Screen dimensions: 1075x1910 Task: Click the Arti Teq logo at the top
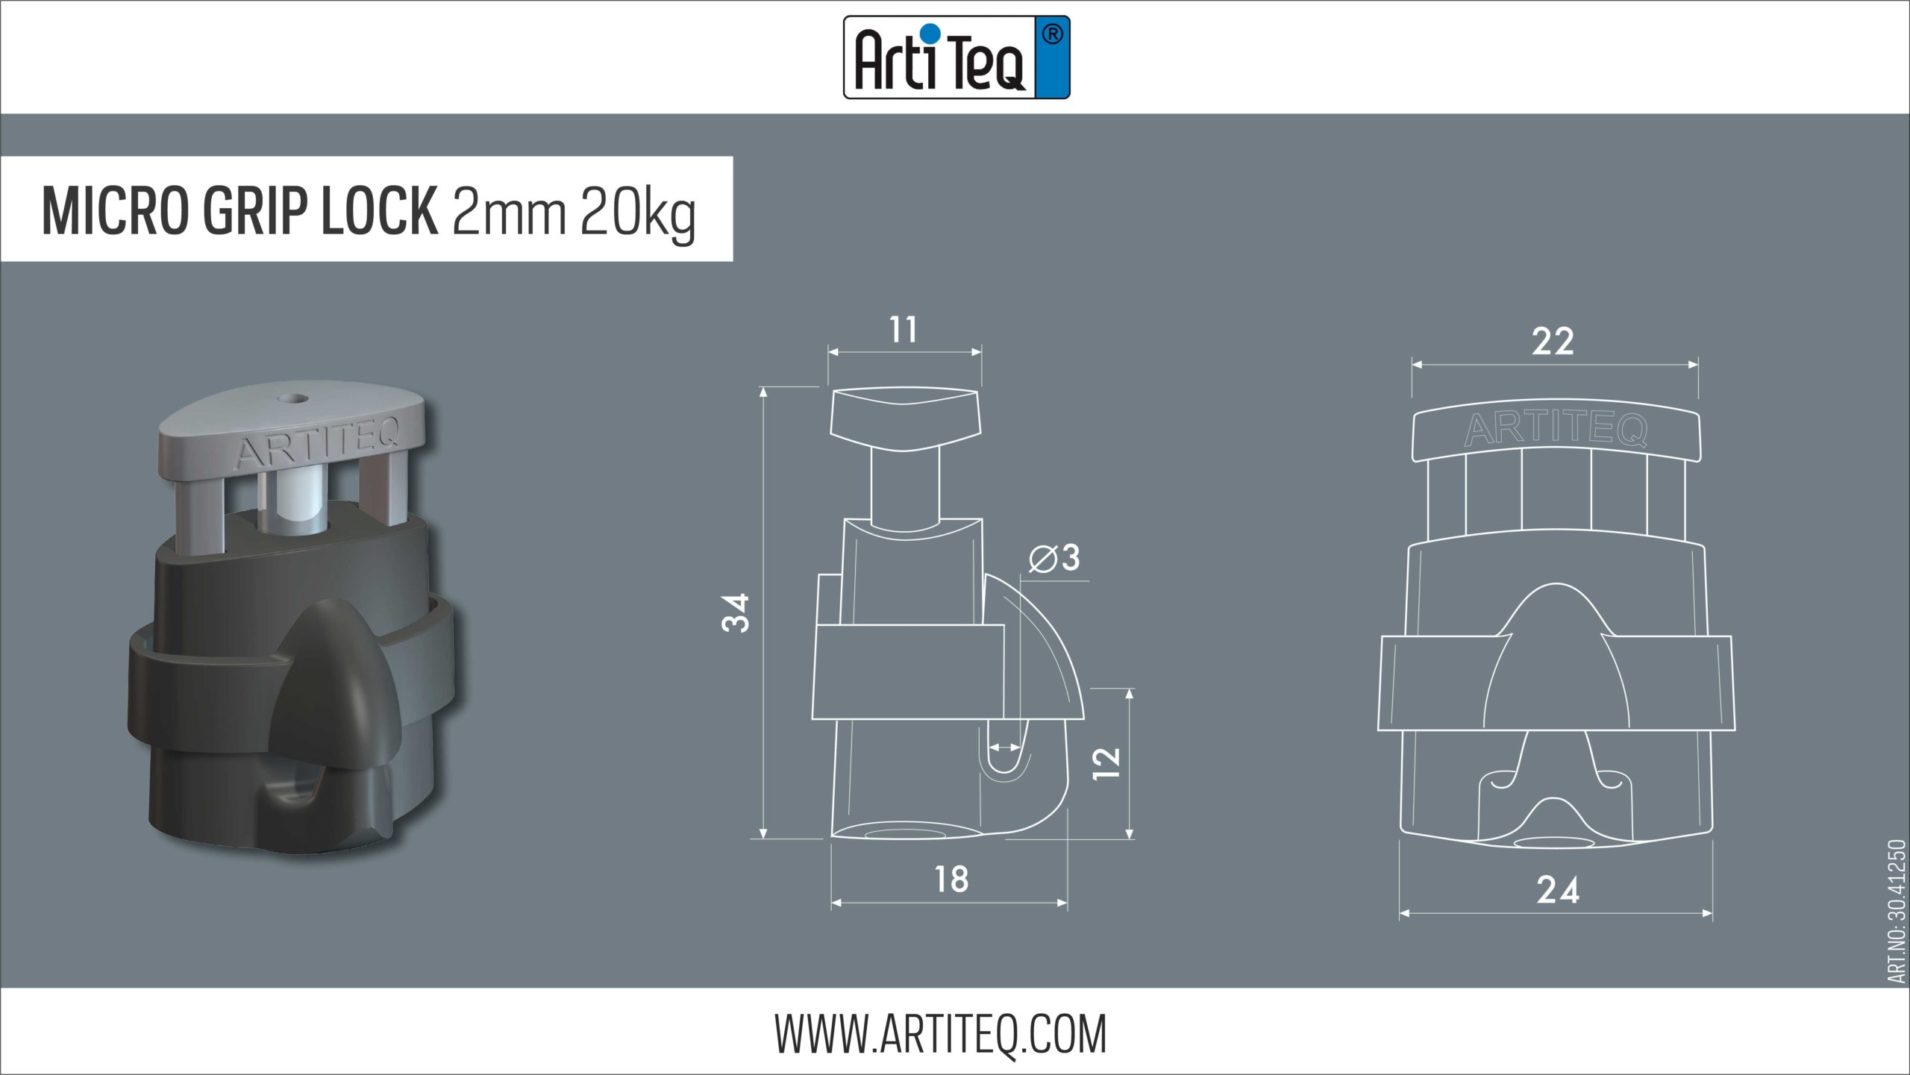[956, 57]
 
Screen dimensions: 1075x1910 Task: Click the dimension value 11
[904, 330]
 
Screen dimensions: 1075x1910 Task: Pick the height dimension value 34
[736, 612]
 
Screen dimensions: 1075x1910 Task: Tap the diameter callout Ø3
[1055, 558]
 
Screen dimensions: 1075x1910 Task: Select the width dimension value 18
[951, 880]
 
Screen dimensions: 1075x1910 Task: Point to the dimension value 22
[1553, 342]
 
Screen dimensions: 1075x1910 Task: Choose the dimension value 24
[1558, 890]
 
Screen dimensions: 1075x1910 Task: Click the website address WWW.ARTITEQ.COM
[940, 1034]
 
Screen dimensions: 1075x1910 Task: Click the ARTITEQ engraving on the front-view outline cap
[1556, 430]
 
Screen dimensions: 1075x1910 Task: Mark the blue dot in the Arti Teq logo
[930, 33]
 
